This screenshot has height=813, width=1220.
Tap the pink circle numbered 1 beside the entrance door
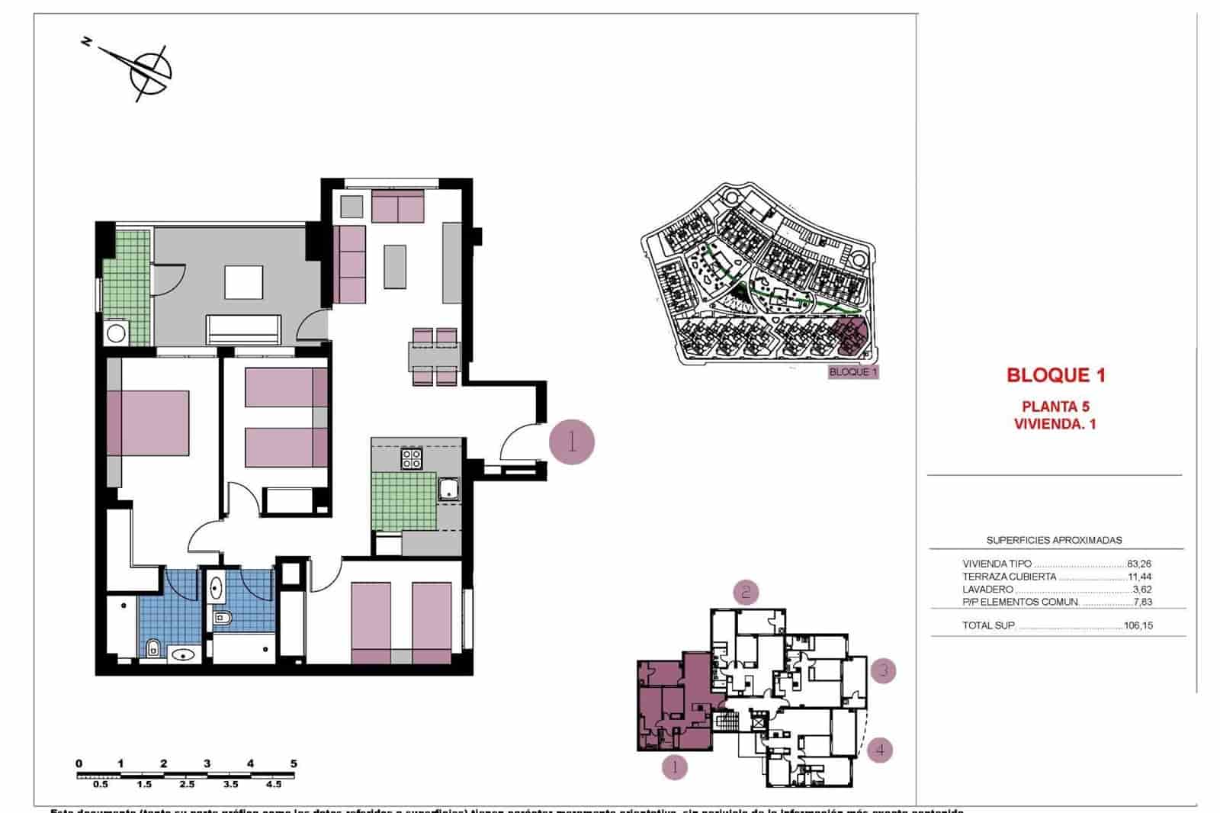coord(572,442)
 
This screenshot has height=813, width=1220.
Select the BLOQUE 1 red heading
coord(1055,375)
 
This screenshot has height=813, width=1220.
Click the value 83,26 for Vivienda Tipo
coord(1138,564)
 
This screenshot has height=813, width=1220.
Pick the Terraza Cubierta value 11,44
coord(1138,577)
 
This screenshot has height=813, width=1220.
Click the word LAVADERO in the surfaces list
coord(987,590)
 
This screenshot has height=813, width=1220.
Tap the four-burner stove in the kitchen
coord(412,458)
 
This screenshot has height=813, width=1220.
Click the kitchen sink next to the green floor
coord(448,489)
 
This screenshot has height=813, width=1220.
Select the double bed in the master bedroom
coord(149,424)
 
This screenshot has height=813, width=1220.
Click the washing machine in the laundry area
coord(117,333)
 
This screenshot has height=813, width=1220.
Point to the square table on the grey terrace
coord(243,282)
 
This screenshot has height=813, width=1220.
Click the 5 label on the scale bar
coord(294,763)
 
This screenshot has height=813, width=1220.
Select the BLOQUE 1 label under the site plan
coord(853,372)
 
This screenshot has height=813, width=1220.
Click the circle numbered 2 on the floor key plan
coord(746,592)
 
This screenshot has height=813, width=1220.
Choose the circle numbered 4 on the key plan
coord(880,750)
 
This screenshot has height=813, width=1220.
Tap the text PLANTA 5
coord(1055,406)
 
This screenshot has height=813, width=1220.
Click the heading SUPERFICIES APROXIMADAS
coord(1054,540)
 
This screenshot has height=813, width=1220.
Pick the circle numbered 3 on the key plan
coord(883,671)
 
